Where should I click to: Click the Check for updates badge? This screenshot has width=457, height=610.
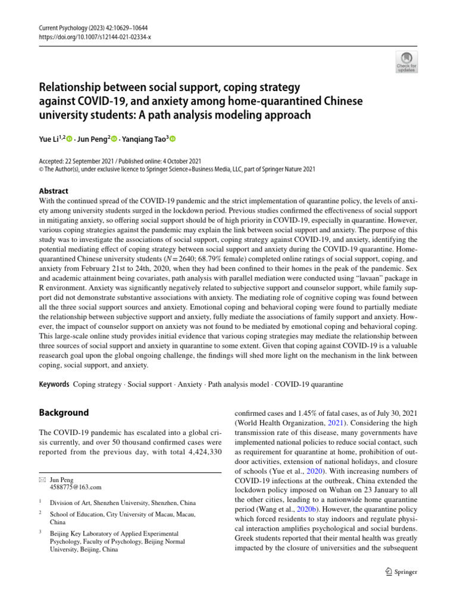point(406,61)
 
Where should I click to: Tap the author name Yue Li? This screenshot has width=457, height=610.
point(49,139)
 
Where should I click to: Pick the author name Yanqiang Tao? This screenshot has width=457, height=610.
point(144,139)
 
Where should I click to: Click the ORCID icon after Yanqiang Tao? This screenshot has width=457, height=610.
point(174,139)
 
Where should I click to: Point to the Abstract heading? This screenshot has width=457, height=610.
point(54,191)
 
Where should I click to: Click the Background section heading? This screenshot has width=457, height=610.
point(64,413)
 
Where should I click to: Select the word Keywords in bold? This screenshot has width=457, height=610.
point(54,385)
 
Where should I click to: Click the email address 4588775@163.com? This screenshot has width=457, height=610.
point(76,487)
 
